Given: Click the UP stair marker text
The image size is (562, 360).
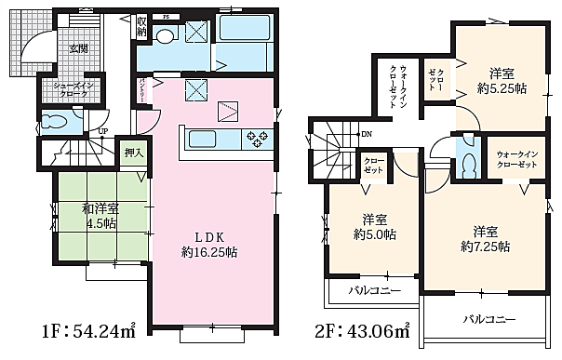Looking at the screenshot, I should click(x=102, y=131).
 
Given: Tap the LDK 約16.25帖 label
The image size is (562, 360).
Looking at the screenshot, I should click(x=212, y=244).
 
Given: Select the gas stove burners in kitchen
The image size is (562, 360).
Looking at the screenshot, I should click(x=256, y=140).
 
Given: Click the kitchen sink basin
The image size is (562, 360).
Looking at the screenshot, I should click(x=205, y=140).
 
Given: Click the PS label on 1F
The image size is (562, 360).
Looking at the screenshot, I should click(x=165, y=17).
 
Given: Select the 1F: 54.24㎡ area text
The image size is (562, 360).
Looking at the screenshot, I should click(x=90, y=330).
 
